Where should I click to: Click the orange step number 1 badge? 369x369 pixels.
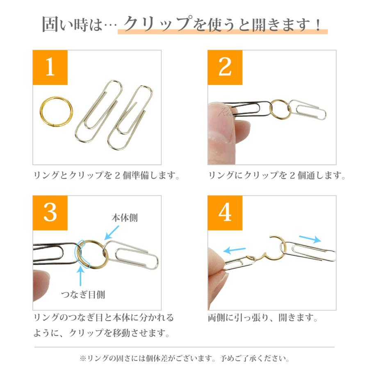click(x=50, y=68)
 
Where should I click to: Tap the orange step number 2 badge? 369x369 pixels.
click(x=225, y=68)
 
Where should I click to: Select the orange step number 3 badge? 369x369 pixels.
click(x=50, y=213)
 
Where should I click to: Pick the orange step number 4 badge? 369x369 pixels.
click(x=225, y=213)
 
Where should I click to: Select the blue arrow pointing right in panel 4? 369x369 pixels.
click(x=310, y=239)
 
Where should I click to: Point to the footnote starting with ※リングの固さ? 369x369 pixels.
click(x=184, y=358)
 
